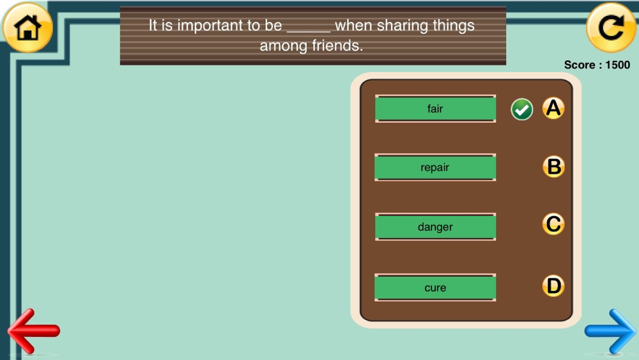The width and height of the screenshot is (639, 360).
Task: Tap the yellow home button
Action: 27,27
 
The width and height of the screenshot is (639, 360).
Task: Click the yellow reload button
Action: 611,27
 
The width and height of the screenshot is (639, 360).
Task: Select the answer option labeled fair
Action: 435,109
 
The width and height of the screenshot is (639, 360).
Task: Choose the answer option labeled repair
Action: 435,167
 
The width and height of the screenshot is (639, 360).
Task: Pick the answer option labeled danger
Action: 435,227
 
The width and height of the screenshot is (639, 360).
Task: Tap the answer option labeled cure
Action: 435,288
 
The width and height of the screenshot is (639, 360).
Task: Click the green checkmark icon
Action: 521,109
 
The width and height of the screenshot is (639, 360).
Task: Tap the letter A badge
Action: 553,108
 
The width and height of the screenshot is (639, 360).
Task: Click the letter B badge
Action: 553,167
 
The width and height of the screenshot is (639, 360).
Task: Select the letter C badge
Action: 553,224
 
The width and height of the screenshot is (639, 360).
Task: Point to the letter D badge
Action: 553,286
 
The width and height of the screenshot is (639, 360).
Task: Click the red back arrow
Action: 33,331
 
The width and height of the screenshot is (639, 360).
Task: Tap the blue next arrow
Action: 610,331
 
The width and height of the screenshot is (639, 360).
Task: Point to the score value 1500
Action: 618,65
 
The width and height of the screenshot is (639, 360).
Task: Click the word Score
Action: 580,65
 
